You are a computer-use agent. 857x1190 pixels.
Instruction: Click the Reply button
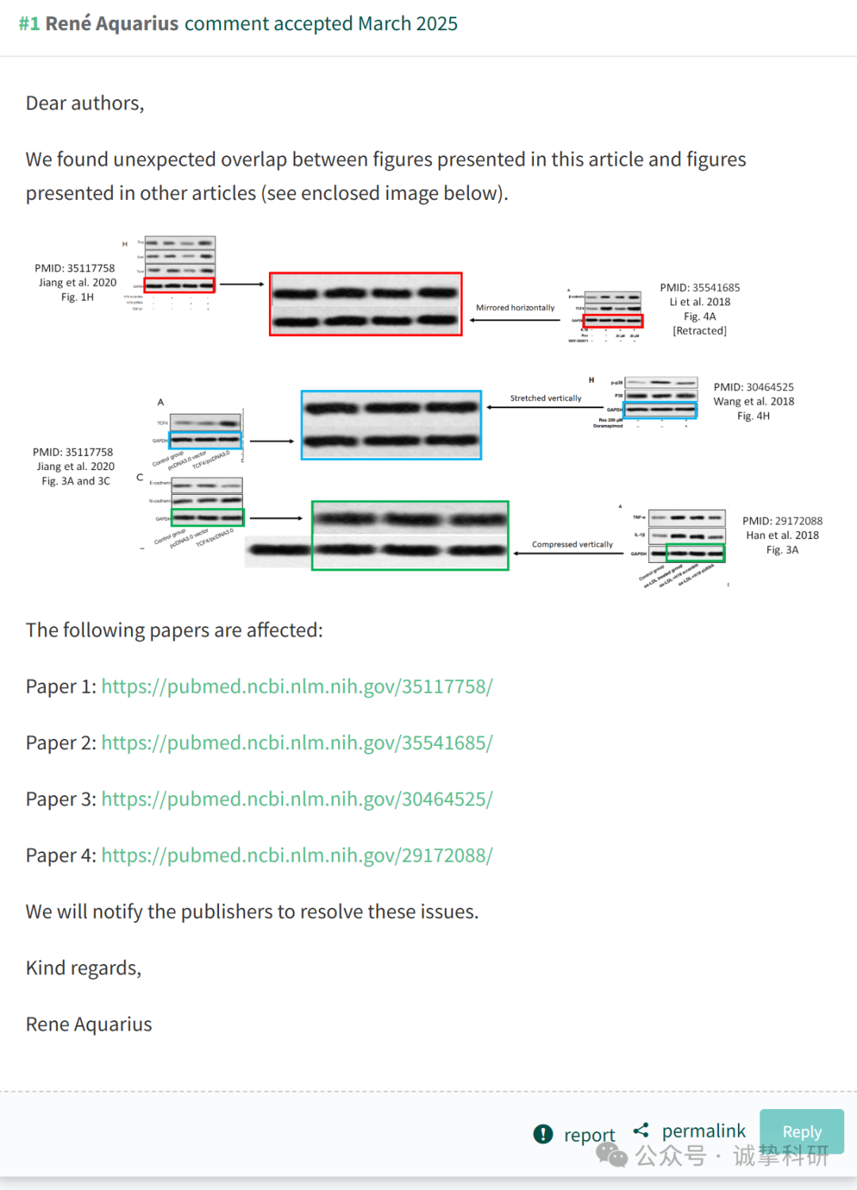pos(801,1131)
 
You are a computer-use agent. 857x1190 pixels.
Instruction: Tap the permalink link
pos(703,1131)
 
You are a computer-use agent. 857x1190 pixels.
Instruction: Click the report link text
pos(589,1135)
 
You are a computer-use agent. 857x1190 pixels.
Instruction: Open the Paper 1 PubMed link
pos(297,687)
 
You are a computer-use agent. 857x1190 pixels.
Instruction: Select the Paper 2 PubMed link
pos(297,743)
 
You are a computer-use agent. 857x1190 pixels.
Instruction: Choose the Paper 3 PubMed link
pos(297,799)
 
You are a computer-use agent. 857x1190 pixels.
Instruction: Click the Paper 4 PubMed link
pos(297,855)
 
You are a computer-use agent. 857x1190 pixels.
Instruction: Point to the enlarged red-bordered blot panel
pos(366,304)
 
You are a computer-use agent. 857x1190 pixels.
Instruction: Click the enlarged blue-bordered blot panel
pos(391,425)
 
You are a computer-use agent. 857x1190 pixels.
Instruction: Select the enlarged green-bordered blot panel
pos(409,535)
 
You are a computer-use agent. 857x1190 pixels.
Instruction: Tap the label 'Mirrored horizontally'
pos(515,308)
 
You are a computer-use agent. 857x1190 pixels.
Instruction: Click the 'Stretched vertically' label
pos(545,398)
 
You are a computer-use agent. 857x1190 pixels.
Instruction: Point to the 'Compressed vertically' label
pos(572,545)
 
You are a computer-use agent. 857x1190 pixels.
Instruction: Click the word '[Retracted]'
pos(699,331)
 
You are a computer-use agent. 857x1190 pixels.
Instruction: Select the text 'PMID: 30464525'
pos(753,387)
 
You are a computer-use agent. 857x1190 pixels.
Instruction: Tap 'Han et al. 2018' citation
pos(782,535)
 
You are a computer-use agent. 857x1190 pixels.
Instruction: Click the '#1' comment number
pos(29,24)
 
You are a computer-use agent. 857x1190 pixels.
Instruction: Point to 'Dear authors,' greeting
pos(85,103)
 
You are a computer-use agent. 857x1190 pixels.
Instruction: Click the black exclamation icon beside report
pos(543,1135)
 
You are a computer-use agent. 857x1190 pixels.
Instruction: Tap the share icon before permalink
pos(641,1130)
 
